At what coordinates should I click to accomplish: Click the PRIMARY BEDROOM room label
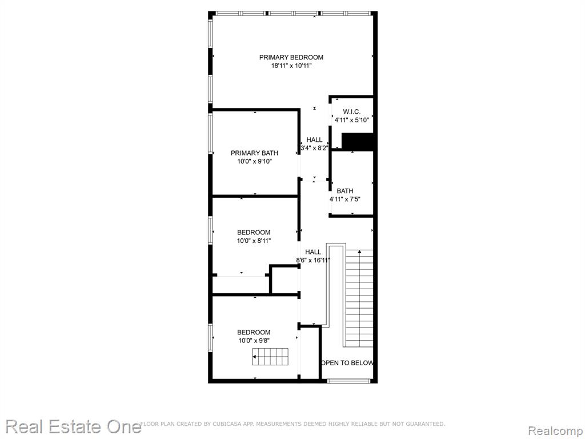click(x=291, y=57)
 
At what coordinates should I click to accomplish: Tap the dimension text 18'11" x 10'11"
click(x=291, y=66)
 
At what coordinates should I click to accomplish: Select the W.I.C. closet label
click(x=351, y=111)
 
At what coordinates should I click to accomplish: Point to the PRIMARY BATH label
click(x=254, y=153)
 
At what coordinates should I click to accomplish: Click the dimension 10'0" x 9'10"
click(x=254, y=161)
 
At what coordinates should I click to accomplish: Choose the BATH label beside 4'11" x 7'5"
click(x=344, y=191)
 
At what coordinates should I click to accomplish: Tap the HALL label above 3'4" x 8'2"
click(x=314, y=139)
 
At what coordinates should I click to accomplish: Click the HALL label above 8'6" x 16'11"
click(x=313, y=252)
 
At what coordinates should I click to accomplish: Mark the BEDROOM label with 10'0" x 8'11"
click(x=254, y=232)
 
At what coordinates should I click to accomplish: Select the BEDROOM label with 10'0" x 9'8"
click(x=254, y=332)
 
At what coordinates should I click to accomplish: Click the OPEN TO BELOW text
click(x=347, y=363)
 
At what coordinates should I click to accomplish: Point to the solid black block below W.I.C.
click(x=358, y=142)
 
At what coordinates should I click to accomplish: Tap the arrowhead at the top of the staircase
click(x=359, y=252)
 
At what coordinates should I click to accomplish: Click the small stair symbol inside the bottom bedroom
click(x=270, y=357)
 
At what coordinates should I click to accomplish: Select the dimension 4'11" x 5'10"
click(x=351, y=120)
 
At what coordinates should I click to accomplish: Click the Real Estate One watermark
click(x=73, y=426)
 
